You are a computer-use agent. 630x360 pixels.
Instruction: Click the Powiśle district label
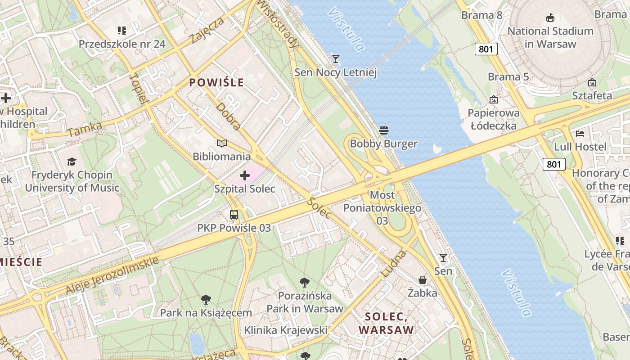point(216,82)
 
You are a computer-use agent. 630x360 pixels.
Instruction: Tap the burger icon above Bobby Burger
point(383,131)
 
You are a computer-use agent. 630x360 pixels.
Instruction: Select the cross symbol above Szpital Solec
point(245,175)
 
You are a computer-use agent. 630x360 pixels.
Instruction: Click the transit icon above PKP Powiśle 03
point(234,215)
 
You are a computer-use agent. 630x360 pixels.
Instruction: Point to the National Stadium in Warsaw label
point(550,37)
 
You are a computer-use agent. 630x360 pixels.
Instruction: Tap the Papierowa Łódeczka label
point(494,119)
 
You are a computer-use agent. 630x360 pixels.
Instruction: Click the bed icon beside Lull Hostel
point(580,134)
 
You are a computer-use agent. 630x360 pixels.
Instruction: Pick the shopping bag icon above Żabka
point(422,280)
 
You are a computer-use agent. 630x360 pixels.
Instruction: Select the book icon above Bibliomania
point(221,144)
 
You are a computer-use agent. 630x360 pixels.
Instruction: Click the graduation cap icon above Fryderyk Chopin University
point(72,162)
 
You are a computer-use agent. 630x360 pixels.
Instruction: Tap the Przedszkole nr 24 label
point(122,44)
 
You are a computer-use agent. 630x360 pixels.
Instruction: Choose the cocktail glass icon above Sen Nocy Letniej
point(335,59)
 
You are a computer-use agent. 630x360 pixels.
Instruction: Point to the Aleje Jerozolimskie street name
point(112,275)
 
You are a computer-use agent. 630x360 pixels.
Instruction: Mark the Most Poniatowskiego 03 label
point(382,208)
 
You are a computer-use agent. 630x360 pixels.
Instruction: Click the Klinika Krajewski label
point(285,330)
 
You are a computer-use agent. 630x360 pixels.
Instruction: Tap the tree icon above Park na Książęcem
point(206,299)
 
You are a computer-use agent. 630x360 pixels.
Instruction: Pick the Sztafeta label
point(592,95)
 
